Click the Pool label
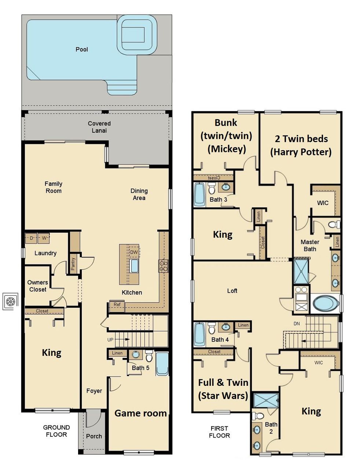[x=81, y=49]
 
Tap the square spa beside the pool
[x=137, y=34]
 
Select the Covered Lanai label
[x=99, y=127]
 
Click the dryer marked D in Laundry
[x=32, y=238]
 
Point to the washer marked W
[x=44, y=238]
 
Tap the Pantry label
[x=73, y=264]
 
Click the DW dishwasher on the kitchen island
[x=134, y=252]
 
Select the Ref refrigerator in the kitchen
[x=117, y=305]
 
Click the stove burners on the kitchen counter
[x=163, y=266]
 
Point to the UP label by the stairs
[x=110, y=340]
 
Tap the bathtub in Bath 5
[x=162, y=363]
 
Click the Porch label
[x=94, y=436]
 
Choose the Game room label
[x=140, y=413]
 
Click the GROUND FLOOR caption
[x=56, y=431]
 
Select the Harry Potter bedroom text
[x=301, y=145]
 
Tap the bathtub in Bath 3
[x=200, y=194]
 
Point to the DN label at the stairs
[x=297, y=324]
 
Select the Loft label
[x=232, y=291]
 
